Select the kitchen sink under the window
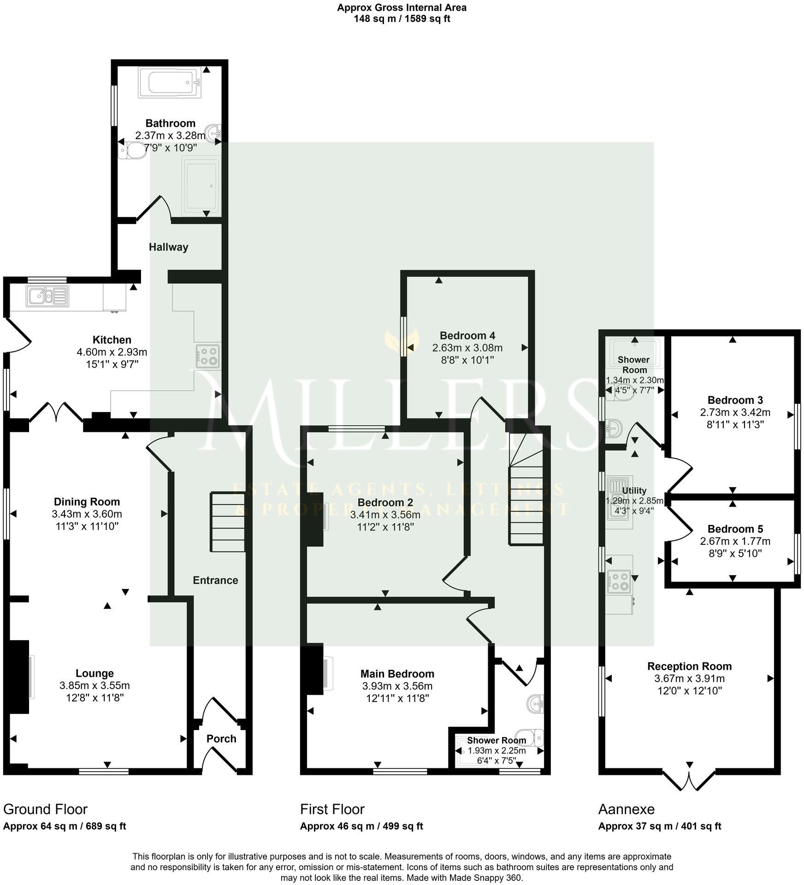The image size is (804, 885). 47,296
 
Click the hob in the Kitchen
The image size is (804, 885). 207,356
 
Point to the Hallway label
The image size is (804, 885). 168,247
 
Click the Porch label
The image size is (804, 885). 221,738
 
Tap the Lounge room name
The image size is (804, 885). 95,673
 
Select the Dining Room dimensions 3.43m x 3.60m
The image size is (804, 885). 87,513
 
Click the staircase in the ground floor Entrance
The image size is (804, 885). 228,522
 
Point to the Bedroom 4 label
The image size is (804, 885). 467,335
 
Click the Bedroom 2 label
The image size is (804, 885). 385,502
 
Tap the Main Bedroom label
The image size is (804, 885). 397,673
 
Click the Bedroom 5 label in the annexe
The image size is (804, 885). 735,529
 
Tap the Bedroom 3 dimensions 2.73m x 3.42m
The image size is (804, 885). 735,412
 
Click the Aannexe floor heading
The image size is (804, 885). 626,808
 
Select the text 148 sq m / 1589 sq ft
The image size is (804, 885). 402,19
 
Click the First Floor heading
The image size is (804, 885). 332,808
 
